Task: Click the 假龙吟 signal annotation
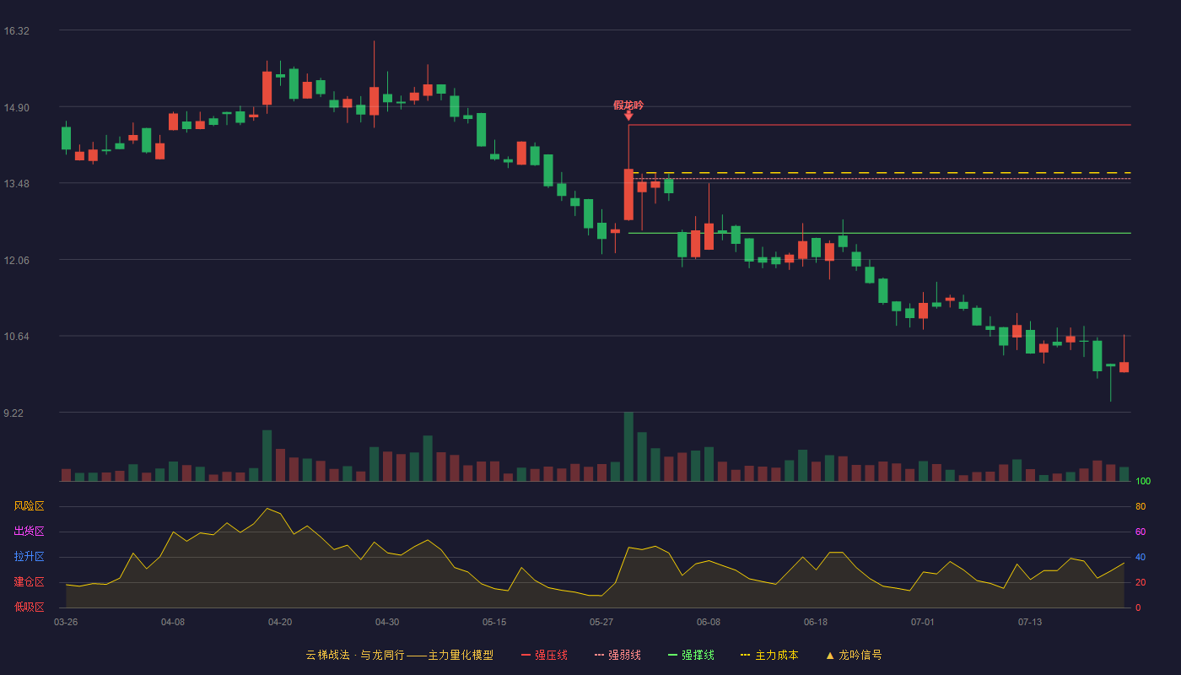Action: [x=628, y=105]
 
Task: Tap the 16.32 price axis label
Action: [x=16, y=31]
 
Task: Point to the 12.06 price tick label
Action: [x=16, y=261]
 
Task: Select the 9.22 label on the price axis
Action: [x=13, y=413]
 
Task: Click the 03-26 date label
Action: [x=66, y=623]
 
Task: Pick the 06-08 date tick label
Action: [x=708, y=623]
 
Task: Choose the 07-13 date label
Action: [x=1030, y=623]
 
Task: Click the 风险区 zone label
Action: [x=29, y=506]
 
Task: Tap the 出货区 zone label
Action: [x=29, y=531]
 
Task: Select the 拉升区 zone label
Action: [x=29, y=556]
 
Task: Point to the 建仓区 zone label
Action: [x=29, y=581]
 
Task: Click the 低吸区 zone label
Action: [x=29, y=607]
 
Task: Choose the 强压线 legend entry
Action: [x=544, y=655]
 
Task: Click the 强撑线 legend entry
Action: [x=691, y=655]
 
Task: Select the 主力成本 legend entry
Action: [x=769, y=655]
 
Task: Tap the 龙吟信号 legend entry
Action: [x=854, y=655]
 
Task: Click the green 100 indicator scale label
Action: [x=1143, y=481]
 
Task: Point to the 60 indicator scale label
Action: [x=1141, y=532]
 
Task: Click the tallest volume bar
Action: [x=628, y=446]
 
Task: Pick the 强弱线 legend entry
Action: [x=617, y=655]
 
